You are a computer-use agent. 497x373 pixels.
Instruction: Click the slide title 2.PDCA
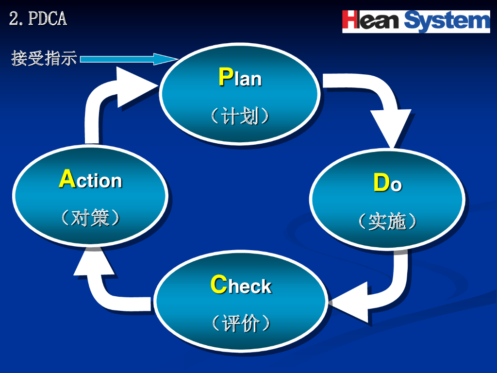(x=38, y=19)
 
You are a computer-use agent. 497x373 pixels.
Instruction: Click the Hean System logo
(x=416, y=21)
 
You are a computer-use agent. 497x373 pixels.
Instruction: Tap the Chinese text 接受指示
(x=44, y=58)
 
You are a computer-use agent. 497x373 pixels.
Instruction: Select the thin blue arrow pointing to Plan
(x=127, y=59)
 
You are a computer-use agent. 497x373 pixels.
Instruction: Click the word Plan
(x=240, y=78)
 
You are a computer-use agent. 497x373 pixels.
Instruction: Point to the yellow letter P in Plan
(x=225, y=77)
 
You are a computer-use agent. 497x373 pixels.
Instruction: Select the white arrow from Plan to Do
(x=383, y=104)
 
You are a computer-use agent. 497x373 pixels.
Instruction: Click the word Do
(x=387, y=184)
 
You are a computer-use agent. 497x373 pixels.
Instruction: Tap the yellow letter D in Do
(x=381, y=183)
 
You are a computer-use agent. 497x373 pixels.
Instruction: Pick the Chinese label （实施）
(x=387, y=222)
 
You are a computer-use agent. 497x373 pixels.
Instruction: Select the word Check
(x=241, y=286)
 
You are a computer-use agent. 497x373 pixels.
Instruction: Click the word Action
(x=91, y=180)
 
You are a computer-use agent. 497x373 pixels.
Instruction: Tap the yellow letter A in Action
(x=67, y=179)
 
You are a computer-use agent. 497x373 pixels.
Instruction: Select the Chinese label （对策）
(x=91, y=218)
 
